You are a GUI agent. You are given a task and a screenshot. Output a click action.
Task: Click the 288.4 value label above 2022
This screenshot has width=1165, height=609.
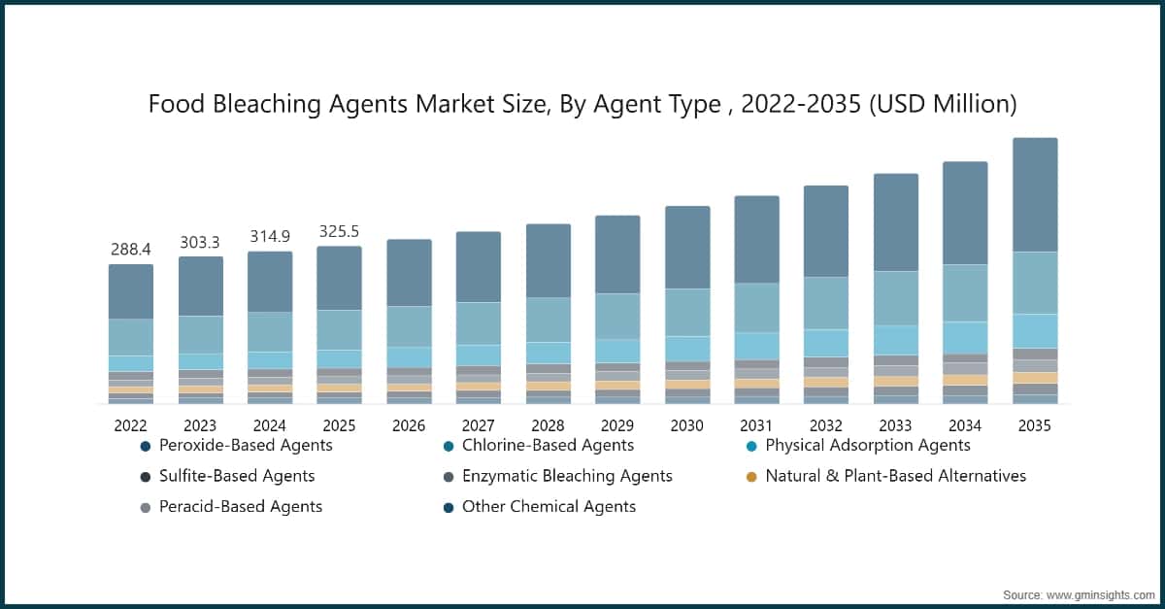pyautogui.click(x=130, y=251)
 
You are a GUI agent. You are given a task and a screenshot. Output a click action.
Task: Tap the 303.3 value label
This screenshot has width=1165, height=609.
pyautogui.click(x=200, y=242)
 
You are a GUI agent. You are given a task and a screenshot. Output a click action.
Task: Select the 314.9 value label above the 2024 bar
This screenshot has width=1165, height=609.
pyautogui.click(x=269, y=237)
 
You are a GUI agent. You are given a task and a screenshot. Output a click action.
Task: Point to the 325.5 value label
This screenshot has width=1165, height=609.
pyautogui.click(x=339, y=231)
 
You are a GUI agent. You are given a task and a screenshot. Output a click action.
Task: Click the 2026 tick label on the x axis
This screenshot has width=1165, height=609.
pyautogui.click(x=409, y=425)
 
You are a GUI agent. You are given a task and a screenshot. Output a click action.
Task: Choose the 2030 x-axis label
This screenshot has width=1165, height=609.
pyautogui.click(x=686, y=425)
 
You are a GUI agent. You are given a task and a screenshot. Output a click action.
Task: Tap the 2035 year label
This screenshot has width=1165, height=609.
pyautogui.click(x=1034, y=425)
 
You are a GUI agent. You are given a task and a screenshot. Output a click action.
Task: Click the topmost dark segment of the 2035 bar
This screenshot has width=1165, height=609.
pyautogui.click(x=1035, y=194)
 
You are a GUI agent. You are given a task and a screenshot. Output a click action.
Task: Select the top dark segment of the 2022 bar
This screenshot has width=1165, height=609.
pyautogui.click(x=130, y=291)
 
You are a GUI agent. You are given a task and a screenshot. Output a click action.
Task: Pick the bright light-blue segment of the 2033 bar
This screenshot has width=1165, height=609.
pyautogui.click(x=896, y=339)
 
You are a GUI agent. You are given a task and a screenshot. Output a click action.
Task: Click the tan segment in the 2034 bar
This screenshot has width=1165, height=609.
pyautogui.click(x=965, y=380)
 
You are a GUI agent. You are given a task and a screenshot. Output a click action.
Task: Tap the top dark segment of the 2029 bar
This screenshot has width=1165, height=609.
pyautogui.click(x=617, y=254)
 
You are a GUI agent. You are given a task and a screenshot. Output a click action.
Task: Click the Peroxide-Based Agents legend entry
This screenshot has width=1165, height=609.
pyautogui.click(x=245, y=445)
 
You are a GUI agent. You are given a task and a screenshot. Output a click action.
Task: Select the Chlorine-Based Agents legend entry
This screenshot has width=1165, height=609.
pyautogui.click(x=547, y=445)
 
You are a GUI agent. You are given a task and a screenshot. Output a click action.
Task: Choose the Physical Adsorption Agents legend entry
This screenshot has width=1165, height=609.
pyautogui.click(x=867, y=445)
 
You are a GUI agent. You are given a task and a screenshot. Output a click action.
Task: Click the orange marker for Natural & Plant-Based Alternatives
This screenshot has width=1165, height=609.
pyautogui.click(x=750, y=477)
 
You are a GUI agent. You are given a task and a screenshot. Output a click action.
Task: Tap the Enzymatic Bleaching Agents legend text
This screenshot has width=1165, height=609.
pyautogui.click(x=567, y=476)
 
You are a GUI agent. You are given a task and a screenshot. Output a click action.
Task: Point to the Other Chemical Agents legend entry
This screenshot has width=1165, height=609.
pyautogui.click(x=549, y=506)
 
